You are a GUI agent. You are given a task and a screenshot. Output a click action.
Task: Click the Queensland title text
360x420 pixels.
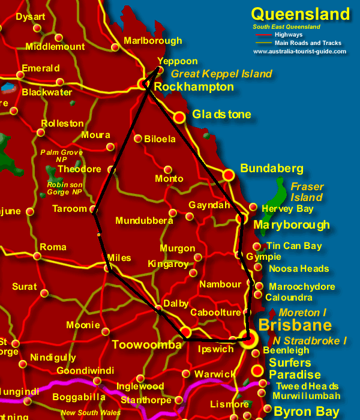[x=300, y=14]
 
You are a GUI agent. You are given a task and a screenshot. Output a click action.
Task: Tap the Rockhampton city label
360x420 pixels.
[x=194, y=87]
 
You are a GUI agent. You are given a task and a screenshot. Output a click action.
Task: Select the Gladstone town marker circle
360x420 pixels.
[x=179, y=117]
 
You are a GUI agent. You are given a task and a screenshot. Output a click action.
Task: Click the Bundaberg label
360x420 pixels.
[x=272, y=169]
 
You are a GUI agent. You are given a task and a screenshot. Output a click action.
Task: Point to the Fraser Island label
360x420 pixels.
[x=307, y=192]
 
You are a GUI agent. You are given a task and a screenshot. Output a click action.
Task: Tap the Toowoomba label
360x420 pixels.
[x=146, y=345]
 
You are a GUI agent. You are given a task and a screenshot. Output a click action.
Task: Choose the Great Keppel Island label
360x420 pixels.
[x=221, y=74]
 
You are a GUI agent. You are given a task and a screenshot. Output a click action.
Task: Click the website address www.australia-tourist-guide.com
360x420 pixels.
[x=299, y=52]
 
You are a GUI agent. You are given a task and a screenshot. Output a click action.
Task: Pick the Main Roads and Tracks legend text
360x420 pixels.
[x=308, y=43]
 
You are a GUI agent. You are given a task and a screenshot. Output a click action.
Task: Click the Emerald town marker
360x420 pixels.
[x=20, y=75]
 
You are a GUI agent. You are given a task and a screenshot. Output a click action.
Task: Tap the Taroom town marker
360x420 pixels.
[x=94, y=209]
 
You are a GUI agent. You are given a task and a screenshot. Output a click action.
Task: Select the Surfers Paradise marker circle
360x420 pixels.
[x=257, y=370]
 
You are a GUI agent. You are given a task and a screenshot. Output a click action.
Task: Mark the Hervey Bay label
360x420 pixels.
[x=287, y=209]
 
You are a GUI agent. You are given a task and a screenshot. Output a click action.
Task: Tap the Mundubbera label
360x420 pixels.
[x=145, y=221]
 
